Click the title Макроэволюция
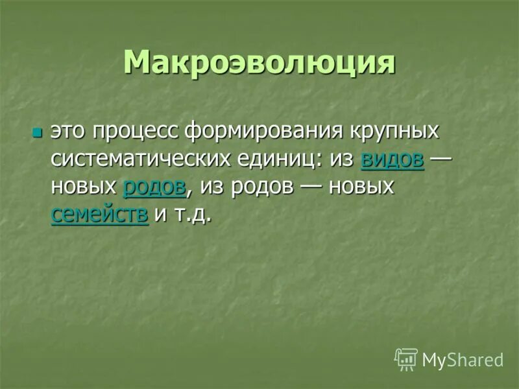(x=259, y=63)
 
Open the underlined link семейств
(x=100, y=215)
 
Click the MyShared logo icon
(x=406, y=359)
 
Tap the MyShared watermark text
(x=463, y=360)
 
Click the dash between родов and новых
(x=306, y=188)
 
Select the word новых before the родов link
(x=84, y=187)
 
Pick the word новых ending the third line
(x=361, y=187)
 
